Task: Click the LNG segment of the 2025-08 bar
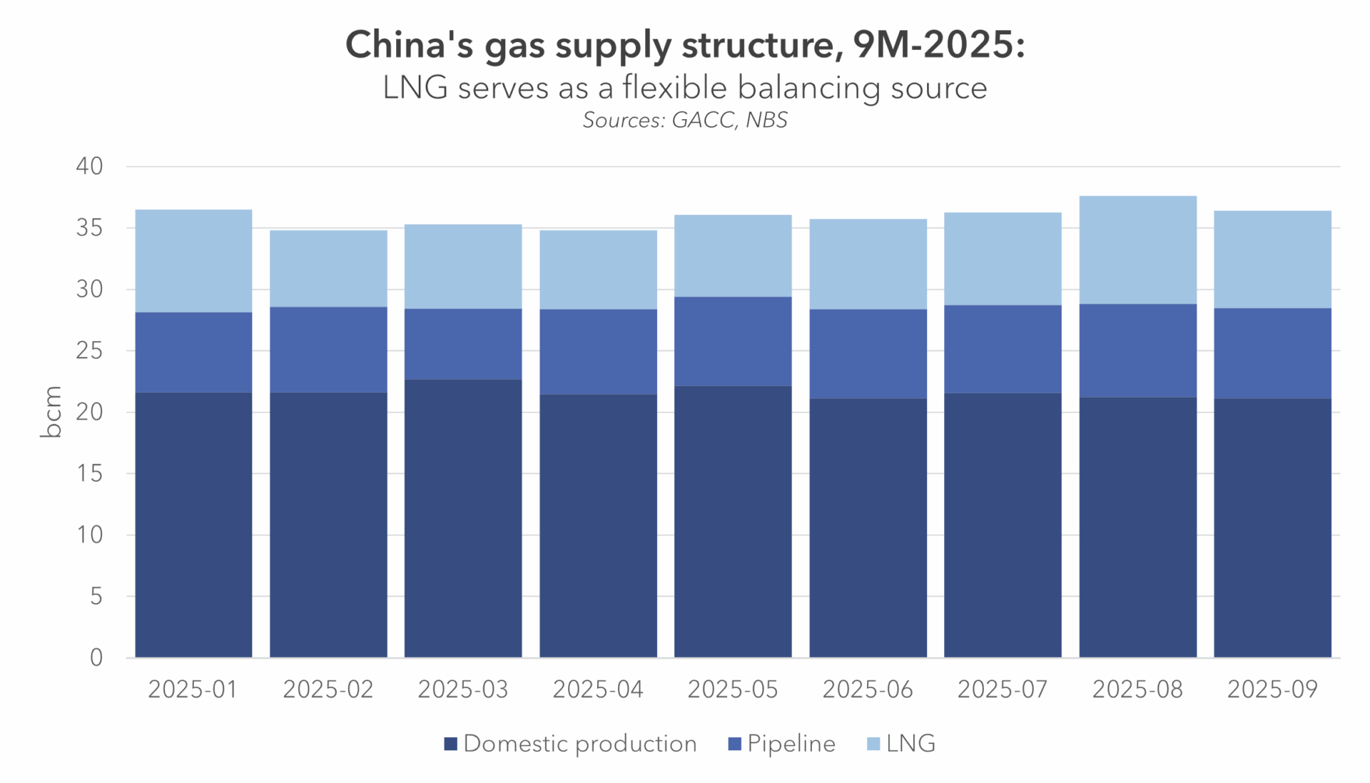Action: point(1137,250)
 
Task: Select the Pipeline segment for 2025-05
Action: point(733,341)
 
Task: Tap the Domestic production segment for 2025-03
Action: point(463,518)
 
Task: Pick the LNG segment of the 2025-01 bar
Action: point(193,261)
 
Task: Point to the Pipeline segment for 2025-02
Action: point(328,349)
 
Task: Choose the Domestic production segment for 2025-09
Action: point(1272,527)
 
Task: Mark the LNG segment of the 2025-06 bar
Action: point(868,263)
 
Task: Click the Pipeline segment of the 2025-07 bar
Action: point(1003,349)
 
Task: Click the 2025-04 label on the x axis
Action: point(598,689)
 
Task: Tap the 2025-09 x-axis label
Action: point(1272,689)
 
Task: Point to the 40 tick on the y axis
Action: point(90,166)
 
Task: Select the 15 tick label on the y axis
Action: point(90,473)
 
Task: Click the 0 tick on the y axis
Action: point(96,657)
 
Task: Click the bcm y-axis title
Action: point(51,411)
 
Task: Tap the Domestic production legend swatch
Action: point(450,744)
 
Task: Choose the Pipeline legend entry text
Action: point(791,744)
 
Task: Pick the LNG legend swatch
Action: point(873,744)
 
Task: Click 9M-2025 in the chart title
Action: point(939,45)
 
